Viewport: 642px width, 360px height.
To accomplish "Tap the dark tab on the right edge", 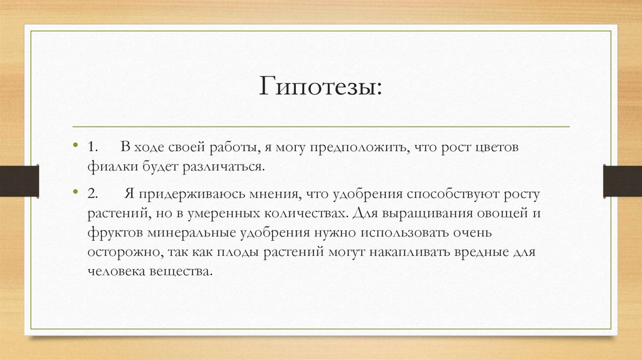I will point(622,181).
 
